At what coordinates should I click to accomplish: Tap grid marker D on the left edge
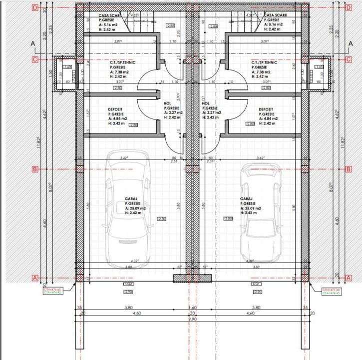click(35, 8)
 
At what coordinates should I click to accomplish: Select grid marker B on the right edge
click(348, 169)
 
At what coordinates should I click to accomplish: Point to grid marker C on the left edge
click(35, 59)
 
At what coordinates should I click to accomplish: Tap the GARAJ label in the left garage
click(131, 198)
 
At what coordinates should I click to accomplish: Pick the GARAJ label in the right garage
click(246, 198)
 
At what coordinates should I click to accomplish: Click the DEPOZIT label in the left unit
click(116, 109)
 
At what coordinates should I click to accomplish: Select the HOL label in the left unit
click(167, 103)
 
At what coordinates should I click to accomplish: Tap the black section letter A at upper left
click(33, 44)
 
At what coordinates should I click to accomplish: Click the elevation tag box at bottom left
click(52, 291)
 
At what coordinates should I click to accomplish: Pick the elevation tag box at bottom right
click(332, 291)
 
